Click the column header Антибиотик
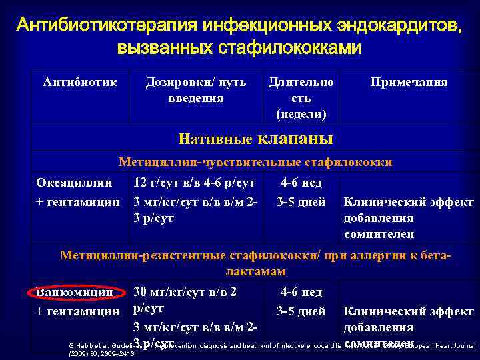(79, 82)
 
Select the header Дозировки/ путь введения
(196, 90)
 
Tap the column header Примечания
(409, 82)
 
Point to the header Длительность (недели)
(301, 98)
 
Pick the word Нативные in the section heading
(215, 139)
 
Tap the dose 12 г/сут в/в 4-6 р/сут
(194, 183)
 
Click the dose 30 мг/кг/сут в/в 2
(186, 291)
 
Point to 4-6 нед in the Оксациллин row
(301, 183)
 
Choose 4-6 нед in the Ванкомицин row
(301, 291)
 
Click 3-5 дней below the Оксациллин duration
(301, 201)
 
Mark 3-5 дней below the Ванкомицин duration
(301, 311)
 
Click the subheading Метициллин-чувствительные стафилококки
(255, 162)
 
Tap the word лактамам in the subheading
(255, 272)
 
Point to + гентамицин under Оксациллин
(77, 201)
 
